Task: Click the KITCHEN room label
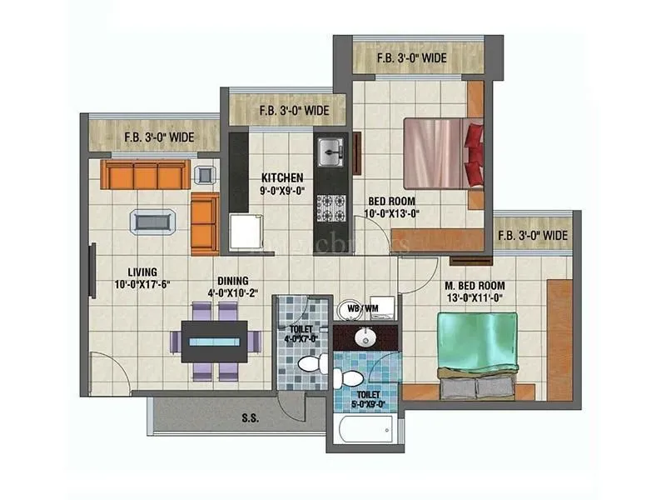pos(281,178)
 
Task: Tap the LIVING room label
pos(142,272)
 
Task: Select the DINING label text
pos(232,282)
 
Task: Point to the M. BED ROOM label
pos(474,286)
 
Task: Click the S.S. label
pos(250,419)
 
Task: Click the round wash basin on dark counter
pos(365,337)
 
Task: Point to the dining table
pos(216,341)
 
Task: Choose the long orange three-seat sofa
pos(143,175)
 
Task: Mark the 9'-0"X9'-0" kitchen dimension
pos(282,191)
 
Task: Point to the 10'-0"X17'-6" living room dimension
pos(143,285)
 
